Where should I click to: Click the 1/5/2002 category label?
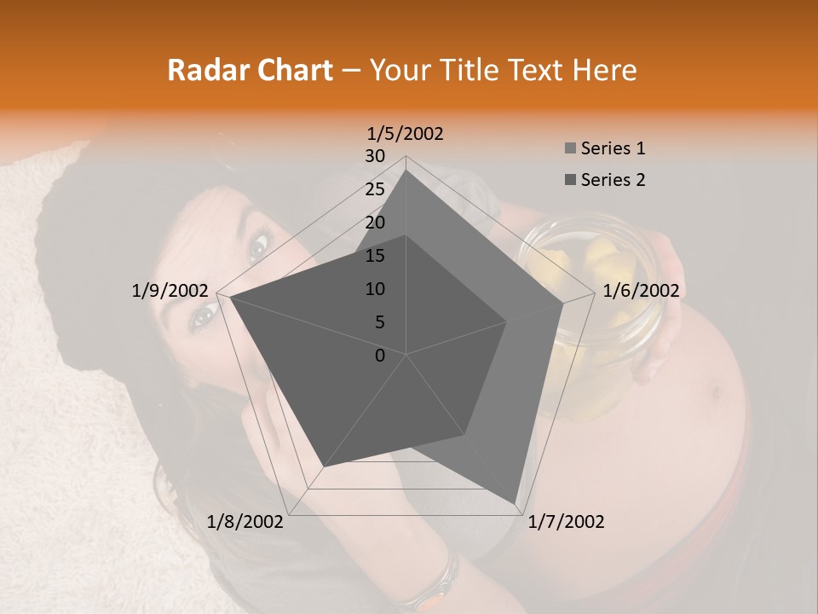[405, 134]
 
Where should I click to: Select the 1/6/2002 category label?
[641, 291]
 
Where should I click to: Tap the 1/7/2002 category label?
[567, 522]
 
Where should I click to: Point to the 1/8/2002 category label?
[245, 522]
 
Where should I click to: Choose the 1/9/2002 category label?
[170, 291]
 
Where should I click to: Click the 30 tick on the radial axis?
[375, 156]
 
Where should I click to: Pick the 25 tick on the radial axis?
[375, 189]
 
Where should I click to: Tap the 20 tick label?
[375, 223]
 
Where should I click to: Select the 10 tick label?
[375, 289]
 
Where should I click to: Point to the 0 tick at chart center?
[380, 356]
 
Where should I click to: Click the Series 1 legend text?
[613, 148]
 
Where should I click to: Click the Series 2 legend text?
[613, 180]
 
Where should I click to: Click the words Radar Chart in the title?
[250, 71]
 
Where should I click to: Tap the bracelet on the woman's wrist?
[443, 580]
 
